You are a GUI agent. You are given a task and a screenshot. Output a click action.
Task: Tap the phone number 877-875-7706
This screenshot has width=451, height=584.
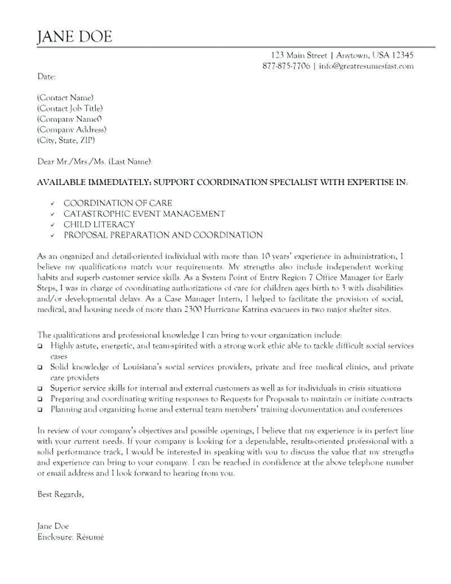tap(286, 66)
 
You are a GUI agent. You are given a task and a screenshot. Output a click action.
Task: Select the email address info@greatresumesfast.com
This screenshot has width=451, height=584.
tap(366, 66)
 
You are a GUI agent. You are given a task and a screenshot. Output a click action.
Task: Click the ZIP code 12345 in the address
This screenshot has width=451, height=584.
tap(402, 55)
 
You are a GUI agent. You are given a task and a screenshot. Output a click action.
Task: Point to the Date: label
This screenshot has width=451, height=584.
tap(46, 76)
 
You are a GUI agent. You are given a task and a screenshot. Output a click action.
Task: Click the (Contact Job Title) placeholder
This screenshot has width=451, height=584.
tap(70, 108)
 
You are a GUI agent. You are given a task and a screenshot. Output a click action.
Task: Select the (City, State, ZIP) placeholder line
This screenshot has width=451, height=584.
tap(66, 140)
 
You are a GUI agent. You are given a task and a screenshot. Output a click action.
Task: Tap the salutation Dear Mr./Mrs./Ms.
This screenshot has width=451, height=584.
tap(71, 161)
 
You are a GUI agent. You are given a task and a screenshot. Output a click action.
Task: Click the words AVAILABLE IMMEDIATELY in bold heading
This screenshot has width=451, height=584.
tap(91, 183)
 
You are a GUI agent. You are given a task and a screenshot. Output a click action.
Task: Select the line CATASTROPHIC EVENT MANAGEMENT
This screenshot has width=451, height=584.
tap(144, 214)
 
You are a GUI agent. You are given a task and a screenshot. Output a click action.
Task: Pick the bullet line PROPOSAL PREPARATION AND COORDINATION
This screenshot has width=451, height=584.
tap(163, 235)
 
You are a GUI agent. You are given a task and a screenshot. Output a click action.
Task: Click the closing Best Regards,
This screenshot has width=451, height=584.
tap(60, 494)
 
